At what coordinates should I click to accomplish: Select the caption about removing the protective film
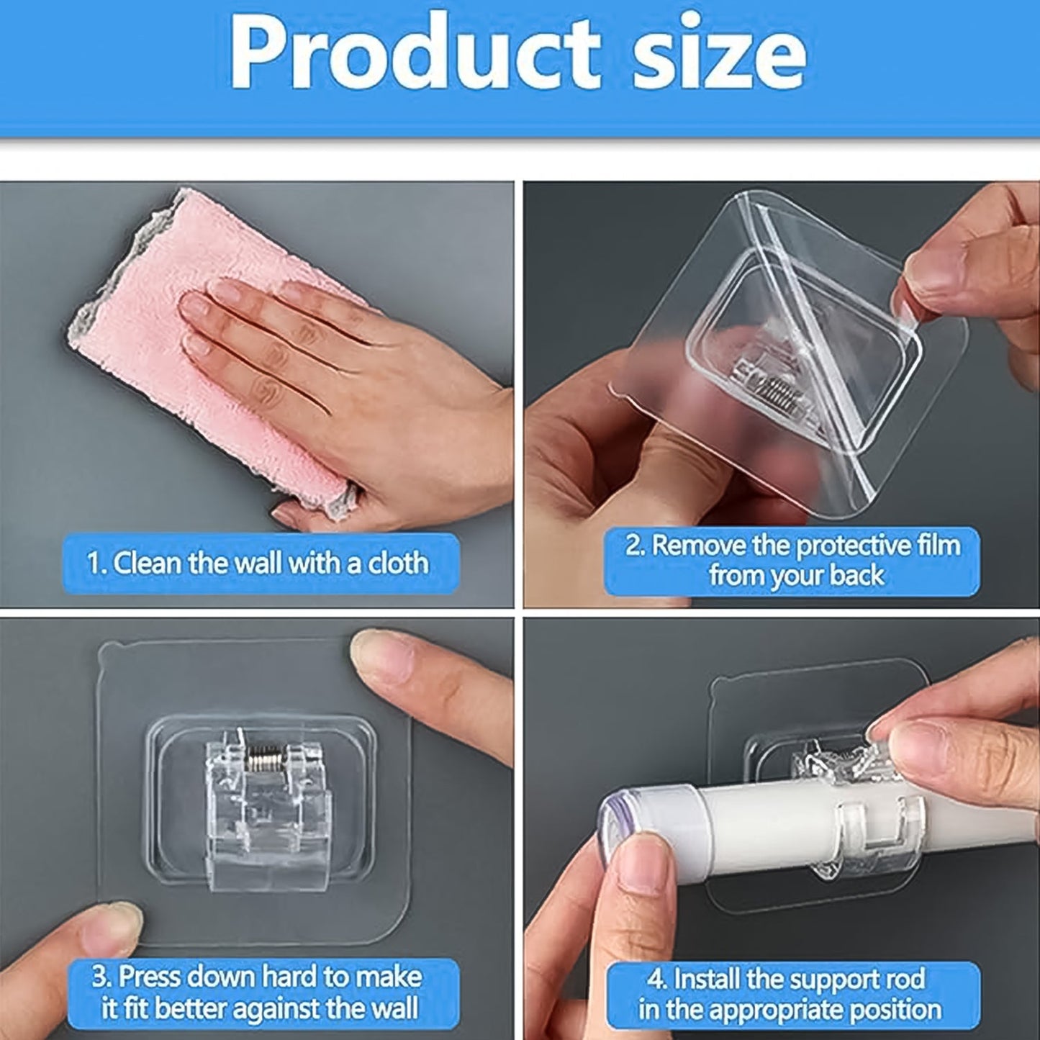[x=792, y=561]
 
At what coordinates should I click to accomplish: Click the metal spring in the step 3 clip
[x=267, y=756]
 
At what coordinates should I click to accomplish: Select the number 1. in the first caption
[x=96, y=563]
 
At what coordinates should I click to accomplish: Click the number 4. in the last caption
[x=657, y=979]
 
